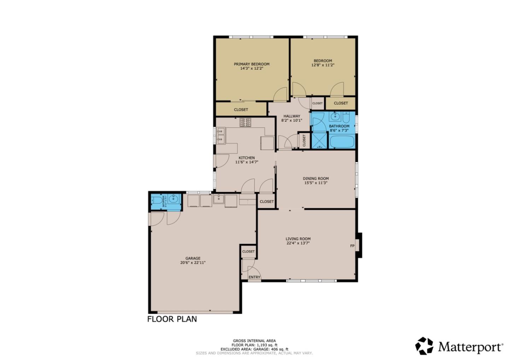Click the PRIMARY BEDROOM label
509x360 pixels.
[x=251, y=64]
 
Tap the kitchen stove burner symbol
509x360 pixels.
[x=245, y=122]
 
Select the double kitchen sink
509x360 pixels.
[x=221, y=136]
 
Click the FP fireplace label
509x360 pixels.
[x=352, y=246]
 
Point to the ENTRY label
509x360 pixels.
[x=254, y=277]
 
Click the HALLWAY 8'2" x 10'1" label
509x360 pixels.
[x=292, y=118]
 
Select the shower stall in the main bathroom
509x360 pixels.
[x=319, y=140]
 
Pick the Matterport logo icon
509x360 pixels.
[x=424, y=346]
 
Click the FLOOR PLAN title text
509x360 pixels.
[x=172, y=319]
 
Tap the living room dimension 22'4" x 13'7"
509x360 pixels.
[x=298, y=243]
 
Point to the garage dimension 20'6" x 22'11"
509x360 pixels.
[x=193, y=263]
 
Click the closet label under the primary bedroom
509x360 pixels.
[x=241, y=110]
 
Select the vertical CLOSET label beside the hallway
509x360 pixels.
[x=304, y=140]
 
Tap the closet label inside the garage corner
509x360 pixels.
[x=248, y=251]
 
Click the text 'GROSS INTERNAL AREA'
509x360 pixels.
[x=254, y=341]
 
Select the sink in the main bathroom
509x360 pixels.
[x=334, y=116]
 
